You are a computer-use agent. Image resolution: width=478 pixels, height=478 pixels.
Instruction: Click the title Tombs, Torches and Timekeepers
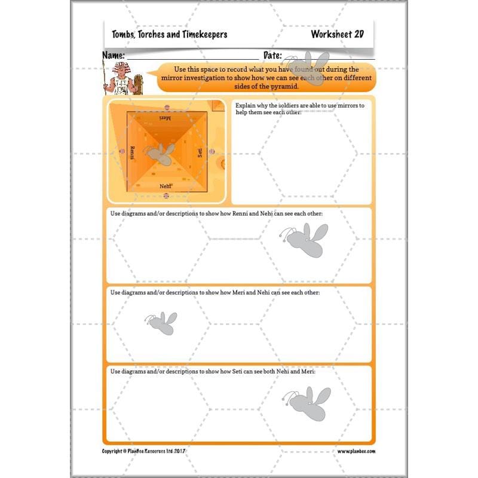point(169,35)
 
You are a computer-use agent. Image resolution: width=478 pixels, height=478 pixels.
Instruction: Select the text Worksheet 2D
point(337,35)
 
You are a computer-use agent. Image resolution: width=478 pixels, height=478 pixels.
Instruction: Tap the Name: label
point(114,55)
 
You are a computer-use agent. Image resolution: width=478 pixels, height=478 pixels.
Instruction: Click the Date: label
point(272,55)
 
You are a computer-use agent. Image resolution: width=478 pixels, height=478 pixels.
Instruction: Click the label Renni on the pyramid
point(132,152)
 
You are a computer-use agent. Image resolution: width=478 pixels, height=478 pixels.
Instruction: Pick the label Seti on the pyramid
point(200,153)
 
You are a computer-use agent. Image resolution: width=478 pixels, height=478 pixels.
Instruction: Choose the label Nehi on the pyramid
point(166,186)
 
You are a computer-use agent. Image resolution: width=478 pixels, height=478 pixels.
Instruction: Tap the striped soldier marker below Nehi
point(166,195)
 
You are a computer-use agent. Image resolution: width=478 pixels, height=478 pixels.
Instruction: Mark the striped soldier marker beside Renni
point(121,152)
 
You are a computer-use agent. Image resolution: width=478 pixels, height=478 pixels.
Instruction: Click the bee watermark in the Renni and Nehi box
point(304,240)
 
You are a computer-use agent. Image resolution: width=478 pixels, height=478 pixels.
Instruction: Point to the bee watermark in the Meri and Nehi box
point(161,323)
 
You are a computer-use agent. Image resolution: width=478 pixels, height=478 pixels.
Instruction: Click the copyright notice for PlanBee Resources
point(152,452)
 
